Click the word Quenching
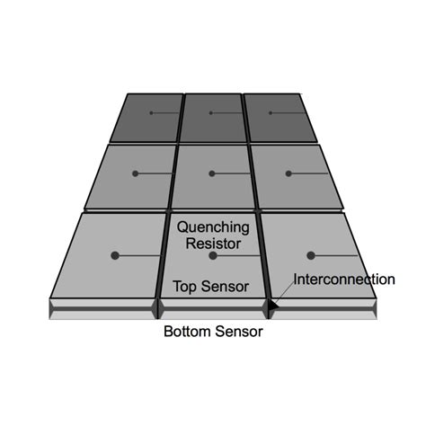pyautogui.click(x=213, y=228)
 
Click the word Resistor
pyautogui.click(x=213, y=244)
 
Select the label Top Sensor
pyautogui.click(x=211, y=287)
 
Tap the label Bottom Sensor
pyautogui.click(x=213, y=332)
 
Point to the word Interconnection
pyautogui.click(x=344, y=280)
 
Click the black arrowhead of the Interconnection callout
pyautogui.click(x=273, y=306)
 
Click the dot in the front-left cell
pyautogui.click(x=115, y=255)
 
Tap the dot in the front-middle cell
pyautogui.click(x=213, y=255)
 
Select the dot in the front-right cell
pyautogui.click(x=311, y=255)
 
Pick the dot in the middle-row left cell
pyautogui.click(x=135, y=173)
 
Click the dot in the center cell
pyautogui.click(x=212, y=173)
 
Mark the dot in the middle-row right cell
pyautogui.click(x=288, y=173)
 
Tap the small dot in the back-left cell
pyautogui.click(x=151, y=113)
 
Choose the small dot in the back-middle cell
pyautogui.click(x=211, y=113)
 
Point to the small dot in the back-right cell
pyautogui.click(x=271, y=113)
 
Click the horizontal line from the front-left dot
pyautogui.click(x=139, y=255)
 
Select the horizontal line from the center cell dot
pyautogui.click(x=232, y=173)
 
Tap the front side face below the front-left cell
pyautogui.click(x=102, y=309)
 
